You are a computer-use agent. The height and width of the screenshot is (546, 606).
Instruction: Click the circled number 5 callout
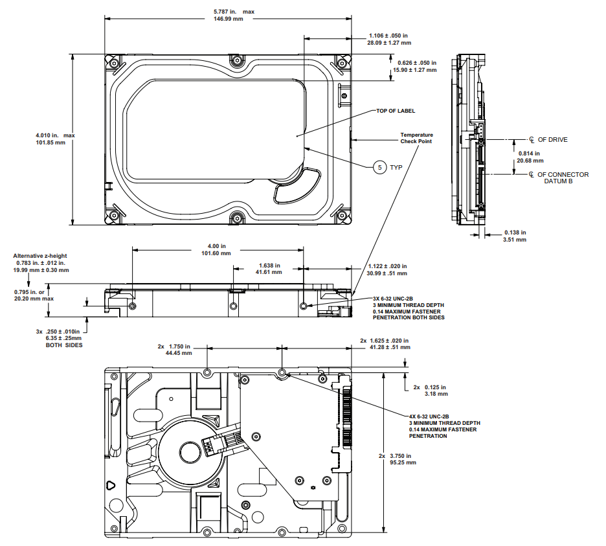(379, 168)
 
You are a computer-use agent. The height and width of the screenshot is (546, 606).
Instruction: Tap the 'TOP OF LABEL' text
(396, 111)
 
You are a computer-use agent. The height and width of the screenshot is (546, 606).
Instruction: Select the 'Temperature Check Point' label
(416, 138)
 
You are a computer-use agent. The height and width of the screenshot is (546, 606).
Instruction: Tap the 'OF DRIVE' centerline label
(553, 140)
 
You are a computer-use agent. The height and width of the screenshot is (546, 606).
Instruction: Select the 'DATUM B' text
(558, 181)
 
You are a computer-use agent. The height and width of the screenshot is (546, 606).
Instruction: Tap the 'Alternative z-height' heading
(39, 256)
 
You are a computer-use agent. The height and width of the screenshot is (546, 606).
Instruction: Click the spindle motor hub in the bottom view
(190, 453)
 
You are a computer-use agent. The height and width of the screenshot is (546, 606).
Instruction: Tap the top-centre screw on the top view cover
(236, 61)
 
